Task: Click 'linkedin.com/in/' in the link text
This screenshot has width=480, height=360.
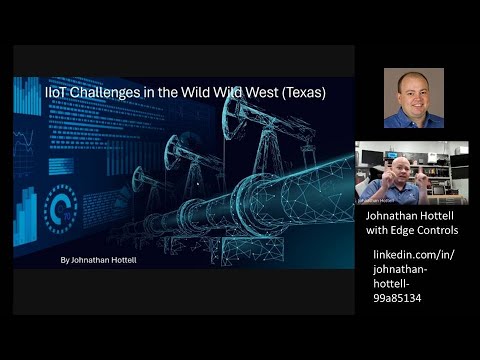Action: click(413, 255)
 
